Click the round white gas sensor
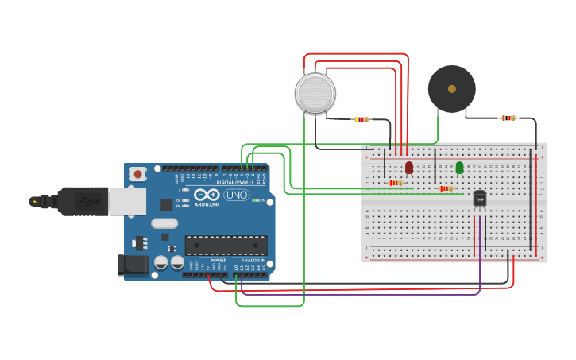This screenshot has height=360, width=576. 315,93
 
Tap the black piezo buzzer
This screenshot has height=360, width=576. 451,89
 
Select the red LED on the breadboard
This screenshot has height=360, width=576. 409,168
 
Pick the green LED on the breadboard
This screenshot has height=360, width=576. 459,167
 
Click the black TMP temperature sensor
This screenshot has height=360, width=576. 480,199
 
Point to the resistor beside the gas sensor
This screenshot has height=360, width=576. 361,119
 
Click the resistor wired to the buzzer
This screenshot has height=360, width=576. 508,118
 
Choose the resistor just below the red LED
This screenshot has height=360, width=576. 396,183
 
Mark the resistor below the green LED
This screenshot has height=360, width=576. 446,188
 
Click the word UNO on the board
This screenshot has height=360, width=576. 236,195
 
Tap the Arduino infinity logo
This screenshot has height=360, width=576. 207,194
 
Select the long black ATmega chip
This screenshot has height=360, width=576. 226,245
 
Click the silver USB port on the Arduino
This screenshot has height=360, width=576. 127,201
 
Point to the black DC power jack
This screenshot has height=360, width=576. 133,265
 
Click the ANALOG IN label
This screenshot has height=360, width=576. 253,260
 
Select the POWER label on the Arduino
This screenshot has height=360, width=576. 218,260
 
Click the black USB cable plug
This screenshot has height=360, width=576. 79,201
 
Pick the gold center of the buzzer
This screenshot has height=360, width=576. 451,89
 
